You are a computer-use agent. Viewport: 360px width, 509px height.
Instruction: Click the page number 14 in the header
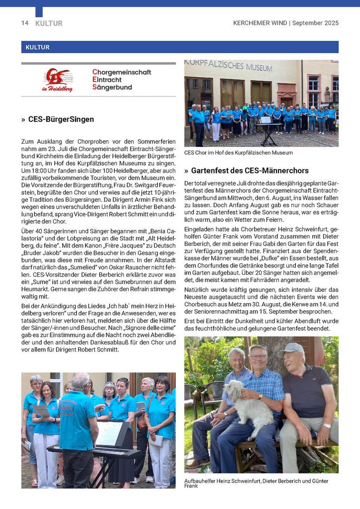24,23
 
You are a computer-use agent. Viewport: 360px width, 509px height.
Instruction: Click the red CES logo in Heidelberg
57,80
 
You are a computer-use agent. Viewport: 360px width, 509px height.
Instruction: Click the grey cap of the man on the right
292,348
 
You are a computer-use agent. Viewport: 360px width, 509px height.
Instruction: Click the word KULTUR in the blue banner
35,48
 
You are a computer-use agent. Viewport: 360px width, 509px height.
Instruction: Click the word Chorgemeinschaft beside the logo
121,73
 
